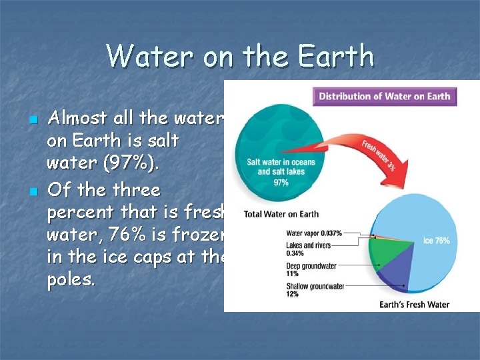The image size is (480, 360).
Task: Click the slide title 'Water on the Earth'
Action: [240, 56]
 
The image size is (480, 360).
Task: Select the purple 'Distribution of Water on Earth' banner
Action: [384, 96]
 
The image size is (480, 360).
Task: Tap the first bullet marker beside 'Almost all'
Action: [33, 121]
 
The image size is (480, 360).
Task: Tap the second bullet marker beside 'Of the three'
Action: [33, 193]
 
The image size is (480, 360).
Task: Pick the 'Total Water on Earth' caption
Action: [281, 215]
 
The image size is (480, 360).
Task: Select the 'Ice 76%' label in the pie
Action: [437, 241]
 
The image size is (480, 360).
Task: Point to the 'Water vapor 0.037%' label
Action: [313, 233]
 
